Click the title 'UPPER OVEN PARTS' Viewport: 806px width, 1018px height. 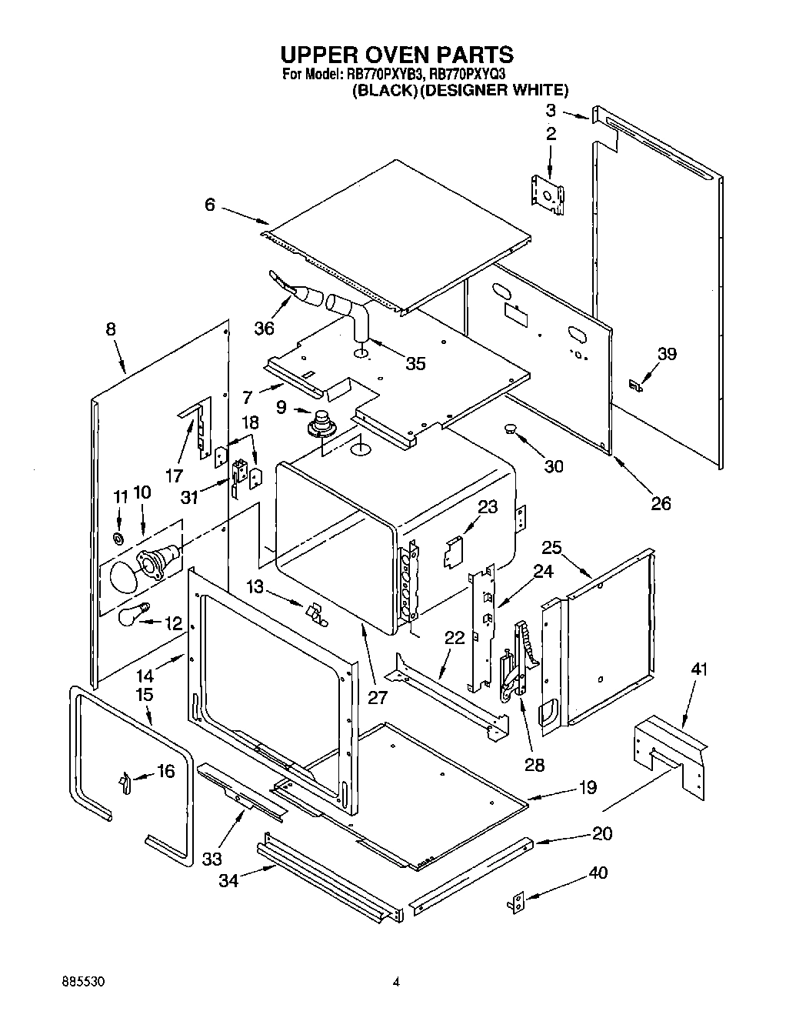click(x=396, y=55)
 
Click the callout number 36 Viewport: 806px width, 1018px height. click(x=265, y=329)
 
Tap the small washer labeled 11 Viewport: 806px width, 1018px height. click(x=118, y=536)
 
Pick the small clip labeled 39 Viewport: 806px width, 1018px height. click(x=635, y=385)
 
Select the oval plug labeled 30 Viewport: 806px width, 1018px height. click(x=509, y=429)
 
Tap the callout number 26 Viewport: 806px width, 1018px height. click(x=661, y=503)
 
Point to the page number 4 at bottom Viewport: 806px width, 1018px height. click(x=396, y=982)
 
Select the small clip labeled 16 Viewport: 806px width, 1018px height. click(x=123, y=782)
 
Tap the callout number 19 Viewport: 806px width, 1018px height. click(x=587, y=787)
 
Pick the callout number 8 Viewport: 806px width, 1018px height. click(x=111, y=329)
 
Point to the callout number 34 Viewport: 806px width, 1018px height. click(x=228, y=880)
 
